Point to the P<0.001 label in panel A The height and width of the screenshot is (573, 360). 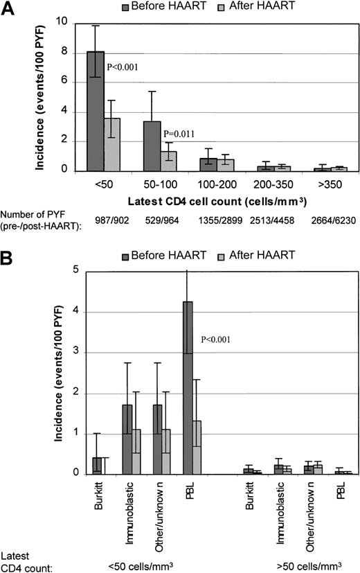(x=124, y=67)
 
